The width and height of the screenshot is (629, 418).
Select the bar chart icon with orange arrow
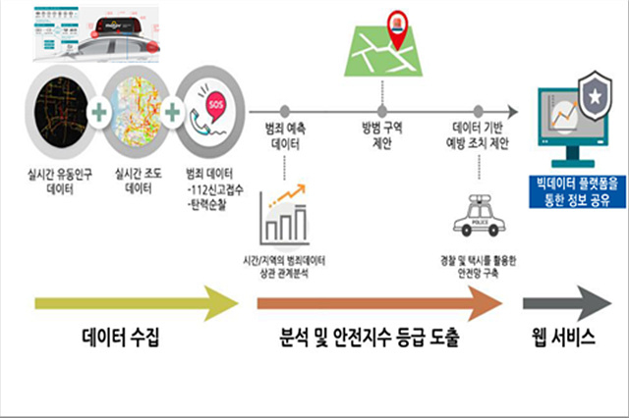click(x=285, y=218)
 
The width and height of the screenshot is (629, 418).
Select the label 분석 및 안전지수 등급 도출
click(x=372, y=341)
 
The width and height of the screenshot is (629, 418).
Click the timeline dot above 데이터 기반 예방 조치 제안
click(x=479, y=112)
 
